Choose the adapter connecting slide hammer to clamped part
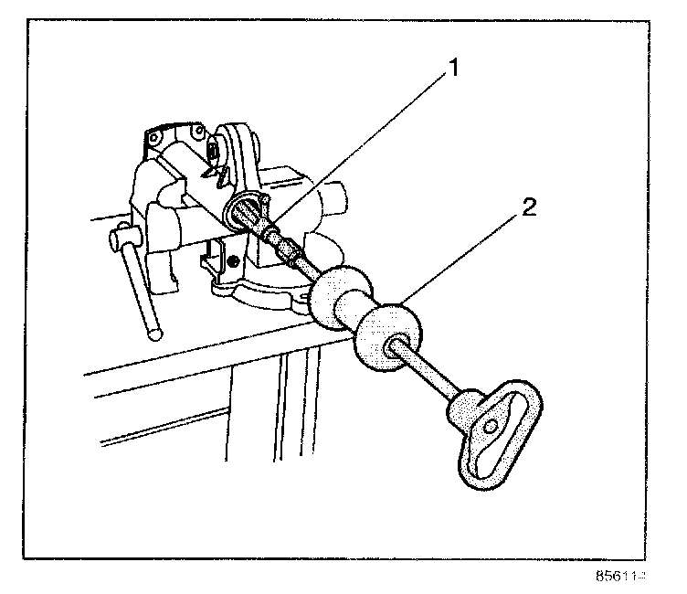tap(285, 248)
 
